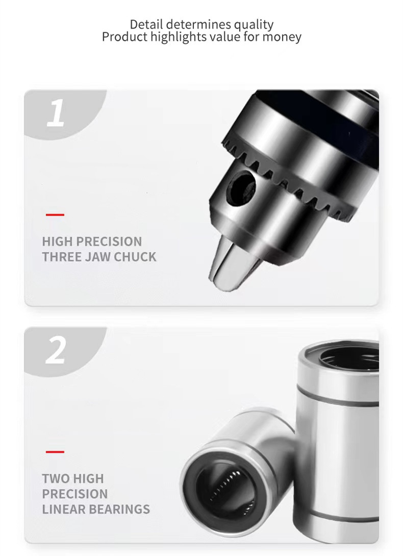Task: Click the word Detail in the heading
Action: tap(146, 25)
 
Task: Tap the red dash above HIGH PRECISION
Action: tap(55, 215)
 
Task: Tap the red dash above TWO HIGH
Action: tap(55, 452)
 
